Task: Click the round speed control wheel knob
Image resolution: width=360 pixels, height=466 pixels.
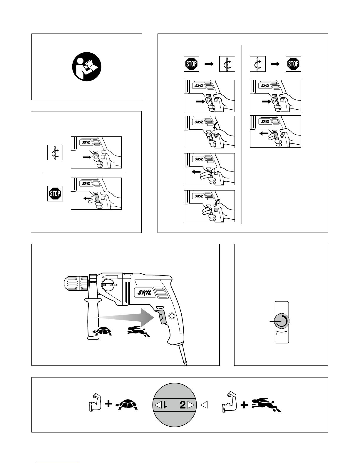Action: click(x=282, y=322)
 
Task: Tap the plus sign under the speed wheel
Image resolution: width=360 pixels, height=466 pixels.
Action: click(x=277, y=333)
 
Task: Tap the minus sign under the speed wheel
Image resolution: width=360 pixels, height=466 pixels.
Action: click(x=287, y=333)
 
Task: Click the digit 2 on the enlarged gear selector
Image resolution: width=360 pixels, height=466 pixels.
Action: click(x=182, y=405)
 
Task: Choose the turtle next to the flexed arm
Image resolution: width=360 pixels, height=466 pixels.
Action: click(x=126, y=405)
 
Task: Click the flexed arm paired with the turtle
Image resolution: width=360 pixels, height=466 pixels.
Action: click(x=95, y=403)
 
